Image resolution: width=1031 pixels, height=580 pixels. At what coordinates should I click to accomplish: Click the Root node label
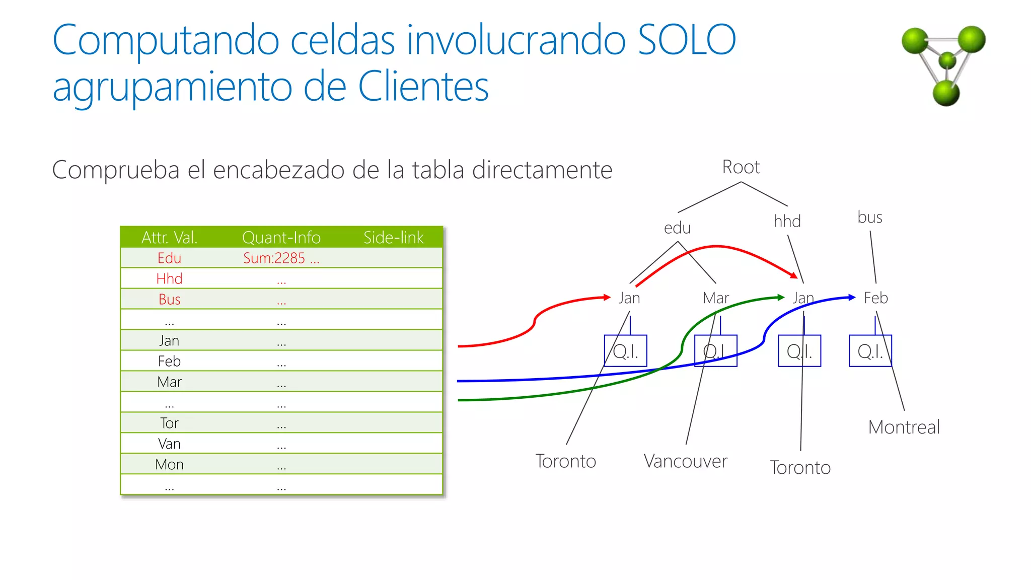[741, 167]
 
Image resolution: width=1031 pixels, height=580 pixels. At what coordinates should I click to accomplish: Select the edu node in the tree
[677, 228]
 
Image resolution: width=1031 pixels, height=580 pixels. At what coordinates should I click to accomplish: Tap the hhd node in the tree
[787, 222]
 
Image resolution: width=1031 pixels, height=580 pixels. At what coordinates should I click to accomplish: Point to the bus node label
[869, 217]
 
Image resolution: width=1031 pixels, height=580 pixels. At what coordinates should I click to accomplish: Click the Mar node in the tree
[715, 298]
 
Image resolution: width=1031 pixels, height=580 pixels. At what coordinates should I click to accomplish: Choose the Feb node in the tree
[875, 298]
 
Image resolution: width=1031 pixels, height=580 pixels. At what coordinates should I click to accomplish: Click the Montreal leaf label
[904, 427]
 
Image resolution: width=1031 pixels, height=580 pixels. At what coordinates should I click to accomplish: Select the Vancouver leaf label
[685, 461]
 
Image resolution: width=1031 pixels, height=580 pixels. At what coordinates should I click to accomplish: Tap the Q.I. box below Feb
[870, 351]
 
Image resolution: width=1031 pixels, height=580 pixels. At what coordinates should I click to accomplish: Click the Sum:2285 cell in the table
[281, 258]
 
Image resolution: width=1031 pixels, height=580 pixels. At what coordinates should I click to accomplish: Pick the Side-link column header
[393, 237]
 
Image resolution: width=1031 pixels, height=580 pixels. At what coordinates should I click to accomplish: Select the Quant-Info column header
[281, 237]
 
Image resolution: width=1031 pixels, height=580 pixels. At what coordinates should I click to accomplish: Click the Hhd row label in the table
[169, 278]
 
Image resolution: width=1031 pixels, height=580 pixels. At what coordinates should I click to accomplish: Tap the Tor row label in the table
[169, 423]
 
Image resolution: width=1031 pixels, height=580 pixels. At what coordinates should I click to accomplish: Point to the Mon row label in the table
[169, 464]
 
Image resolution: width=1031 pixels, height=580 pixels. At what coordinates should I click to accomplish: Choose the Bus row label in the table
[169, 299]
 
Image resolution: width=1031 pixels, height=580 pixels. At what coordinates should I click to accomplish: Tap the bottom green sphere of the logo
[946, 93]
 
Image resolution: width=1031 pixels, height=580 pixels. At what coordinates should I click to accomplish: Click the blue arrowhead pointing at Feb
[852, 297]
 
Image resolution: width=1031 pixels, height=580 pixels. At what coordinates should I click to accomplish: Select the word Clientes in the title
[423, 87]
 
